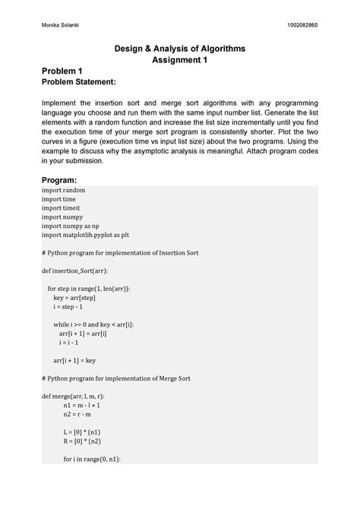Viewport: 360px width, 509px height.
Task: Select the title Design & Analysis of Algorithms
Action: click(180, 48)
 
